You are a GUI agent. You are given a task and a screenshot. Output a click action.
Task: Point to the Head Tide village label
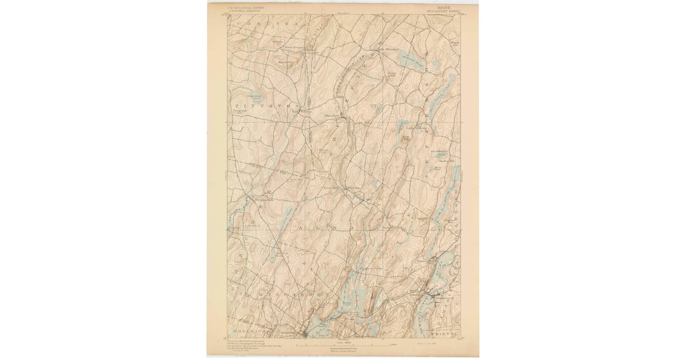(x=353, y=187)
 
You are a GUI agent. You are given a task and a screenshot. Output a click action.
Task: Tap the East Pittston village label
(x=297, y=111)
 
